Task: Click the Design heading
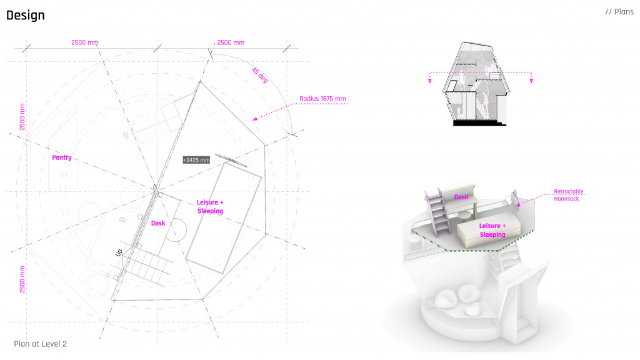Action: [26, 16]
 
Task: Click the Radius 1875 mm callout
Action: [322, 99]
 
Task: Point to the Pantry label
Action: [61, 158]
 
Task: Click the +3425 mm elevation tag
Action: [196, 160]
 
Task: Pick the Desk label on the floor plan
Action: [158, 223]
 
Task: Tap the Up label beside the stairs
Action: [119, 252]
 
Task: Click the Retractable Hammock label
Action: [568, 195]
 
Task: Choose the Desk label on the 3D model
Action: [461, 197]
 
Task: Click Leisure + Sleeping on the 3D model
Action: [492, 230]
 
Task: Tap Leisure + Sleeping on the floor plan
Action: [210, 207]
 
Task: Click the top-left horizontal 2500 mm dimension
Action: [85, 42]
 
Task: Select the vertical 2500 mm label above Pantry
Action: [22, 117]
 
